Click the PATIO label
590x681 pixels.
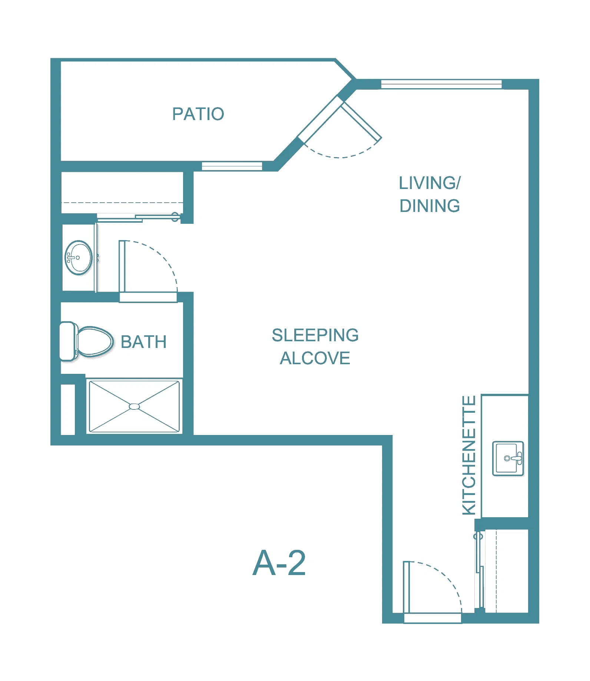[198, 114]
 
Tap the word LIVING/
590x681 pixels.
[430, 183]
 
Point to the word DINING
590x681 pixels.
[430, 206]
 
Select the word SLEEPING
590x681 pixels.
[315, 335]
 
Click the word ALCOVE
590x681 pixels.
[315, 358]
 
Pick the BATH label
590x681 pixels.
[144, 342]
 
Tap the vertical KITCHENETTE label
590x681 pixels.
[469, 455]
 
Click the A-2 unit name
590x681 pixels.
[279, 563]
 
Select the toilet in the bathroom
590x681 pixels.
[86, 341]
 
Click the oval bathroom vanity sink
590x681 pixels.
[79, 258]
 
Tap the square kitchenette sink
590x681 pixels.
[508, 458]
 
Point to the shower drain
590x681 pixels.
[134, 406]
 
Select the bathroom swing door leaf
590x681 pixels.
[122, 266]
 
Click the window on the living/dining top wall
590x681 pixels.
[441, 84]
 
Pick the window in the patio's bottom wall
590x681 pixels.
[232, 166]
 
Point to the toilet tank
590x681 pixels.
[68, 341]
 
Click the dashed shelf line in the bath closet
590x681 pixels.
[122, 203]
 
